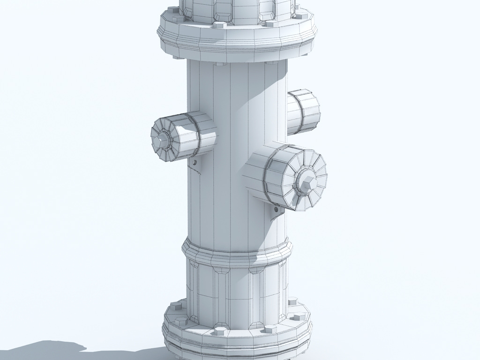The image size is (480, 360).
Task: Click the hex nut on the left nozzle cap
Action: pyautogui.click(x=162, y=138)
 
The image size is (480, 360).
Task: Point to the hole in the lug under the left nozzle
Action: pyautogui.click(x=194, y=163)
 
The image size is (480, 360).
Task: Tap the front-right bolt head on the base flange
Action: pyautogui.click(x=269, y=329)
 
